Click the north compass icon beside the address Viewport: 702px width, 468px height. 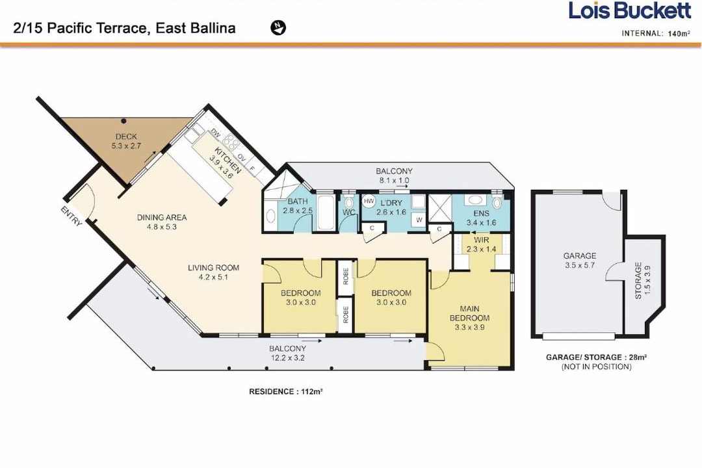[x=278, y=28]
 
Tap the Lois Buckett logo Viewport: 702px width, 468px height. [x=630, y=11]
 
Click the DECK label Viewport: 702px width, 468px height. [x=126, y=136]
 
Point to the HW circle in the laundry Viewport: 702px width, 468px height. [x=369, y=201]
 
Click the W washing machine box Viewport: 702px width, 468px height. [x=419, y=220]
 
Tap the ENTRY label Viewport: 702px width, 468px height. [x=71, y=216]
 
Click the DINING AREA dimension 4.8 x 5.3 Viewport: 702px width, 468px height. [x=162, y=227]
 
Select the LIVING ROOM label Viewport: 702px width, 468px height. [x=213, y=268]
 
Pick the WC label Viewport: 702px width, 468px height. [x=349, y=213]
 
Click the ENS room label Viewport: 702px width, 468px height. [x=481, y=214]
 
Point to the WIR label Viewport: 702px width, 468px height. [x=481, y=240]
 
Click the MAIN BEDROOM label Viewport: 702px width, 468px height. [x=470, y=313]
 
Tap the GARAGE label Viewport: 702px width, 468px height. [x=579, y=255]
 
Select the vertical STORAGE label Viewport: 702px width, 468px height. [x=638, y=281]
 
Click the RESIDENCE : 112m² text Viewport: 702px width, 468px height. [x=286, y=391]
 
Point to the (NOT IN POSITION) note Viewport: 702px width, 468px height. [x=596, y=367]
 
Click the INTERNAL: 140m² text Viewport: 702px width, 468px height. [x=656, y=33]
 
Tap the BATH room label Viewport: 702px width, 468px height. [x=298, y=201]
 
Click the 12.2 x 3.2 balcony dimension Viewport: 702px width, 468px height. [x=287, y=358]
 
